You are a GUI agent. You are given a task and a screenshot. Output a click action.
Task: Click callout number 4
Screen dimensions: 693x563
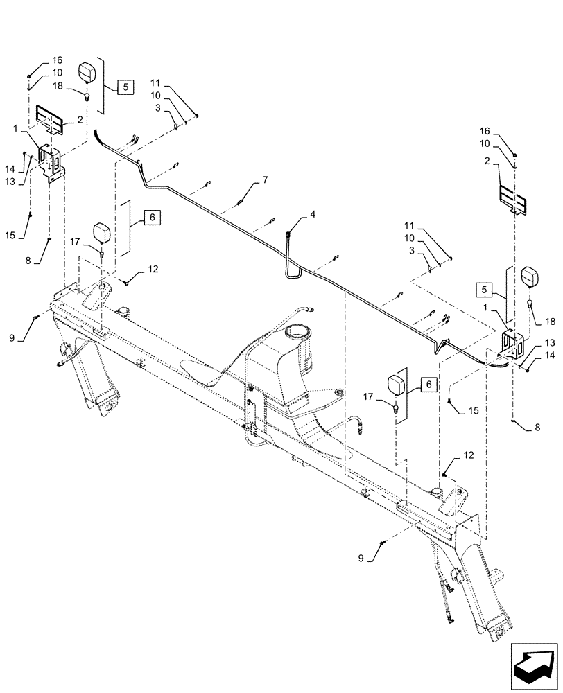313,215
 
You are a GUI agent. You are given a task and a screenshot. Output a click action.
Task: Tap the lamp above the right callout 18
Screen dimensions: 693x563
531,277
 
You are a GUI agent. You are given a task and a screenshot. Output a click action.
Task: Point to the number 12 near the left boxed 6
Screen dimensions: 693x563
152,268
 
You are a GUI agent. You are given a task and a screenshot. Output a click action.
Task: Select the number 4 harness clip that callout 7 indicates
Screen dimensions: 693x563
240,202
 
